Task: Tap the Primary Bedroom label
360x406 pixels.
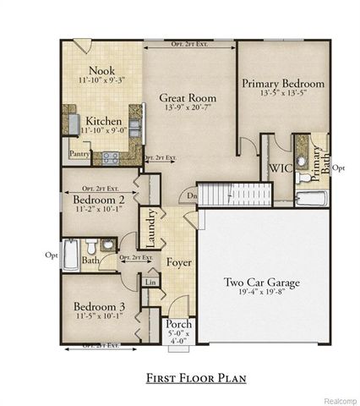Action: (283, 84)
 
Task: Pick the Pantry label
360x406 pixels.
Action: (79, 154)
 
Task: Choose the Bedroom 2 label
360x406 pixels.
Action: (95, 200)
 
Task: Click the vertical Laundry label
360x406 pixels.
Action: (152, 226)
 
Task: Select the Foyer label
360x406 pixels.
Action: (178, 263)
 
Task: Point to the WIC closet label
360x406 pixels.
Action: (281, 168)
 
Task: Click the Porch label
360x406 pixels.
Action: (177, 325)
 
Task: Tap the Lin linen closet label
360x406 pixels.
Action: (151, 281)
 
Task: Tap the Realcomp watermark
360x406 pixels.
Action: (338, 399)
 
